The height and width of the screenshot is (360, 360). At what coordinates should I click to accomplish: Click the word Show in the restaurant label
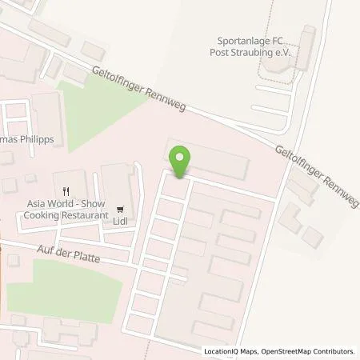point(94,204)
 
